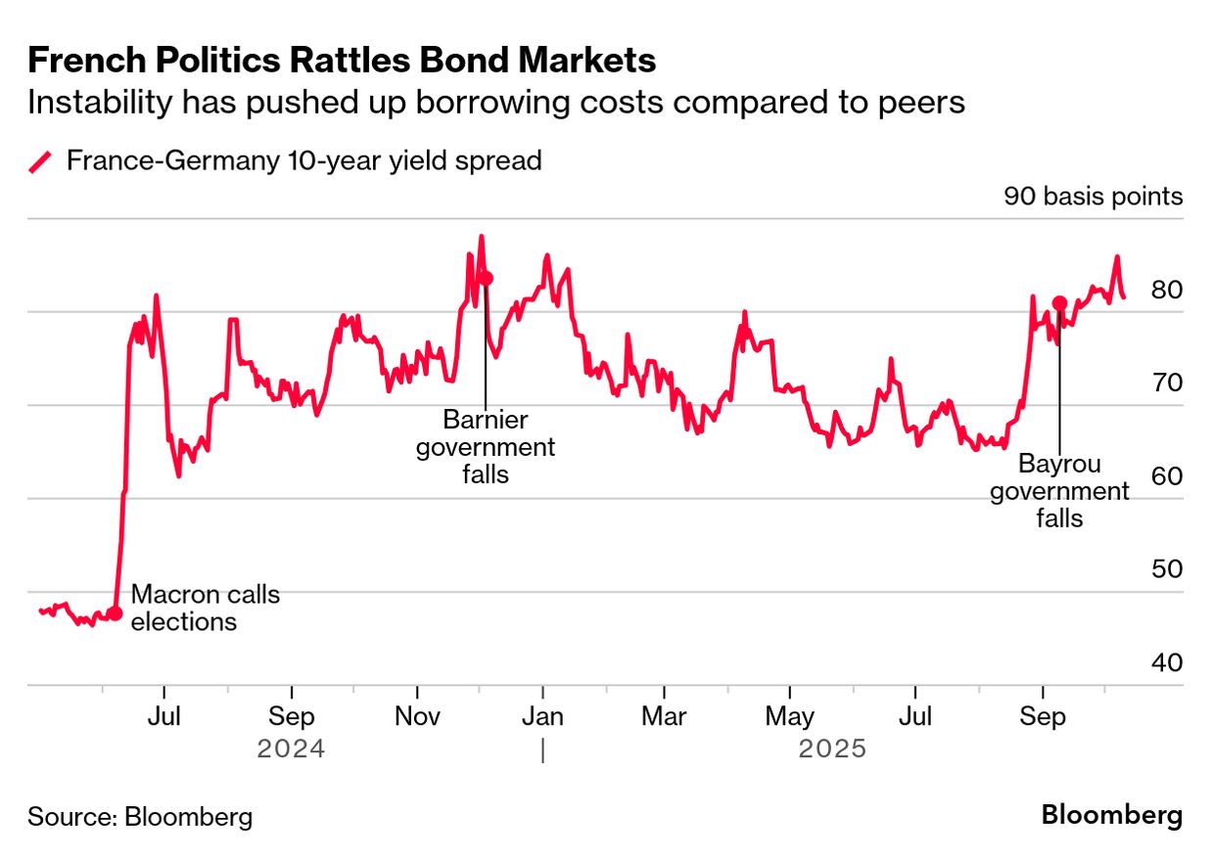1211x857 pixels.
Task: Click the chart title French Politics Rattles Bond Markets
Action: point(342,62)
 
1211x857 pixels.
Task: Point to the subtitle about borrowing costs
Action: point(496,102)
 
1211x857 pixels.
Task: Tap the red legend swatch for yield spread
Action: point(40,160)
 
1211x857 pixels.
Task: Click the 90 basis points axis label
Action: point(1093,197)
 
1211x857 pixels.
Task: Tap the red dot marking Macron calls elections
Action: point(115,613)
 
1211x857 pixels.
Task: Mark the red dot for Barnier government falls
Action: point(486,278)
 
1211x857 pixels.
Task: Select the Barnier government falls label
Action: point(486,447)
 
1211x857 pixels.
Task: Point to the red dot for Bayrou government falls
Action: point(1059,303)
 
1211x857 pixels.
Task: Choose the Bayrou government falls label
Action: point(1059,491)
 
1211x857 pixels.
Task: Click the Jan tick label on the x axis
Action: point(542,717)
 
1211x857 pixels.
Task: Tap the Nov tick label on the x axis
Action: point(418,717)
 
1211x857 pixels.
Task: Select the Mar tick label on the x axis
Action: point(664,717)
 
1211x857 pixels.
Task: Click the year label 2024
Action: point(291,749)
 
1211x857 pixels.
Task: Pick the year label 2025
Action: point(832,749)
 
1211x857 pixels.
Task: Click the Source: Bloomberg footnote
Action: point(140,817)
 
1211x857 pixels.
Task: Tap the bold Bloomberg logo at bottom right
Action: point(1111,815)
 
